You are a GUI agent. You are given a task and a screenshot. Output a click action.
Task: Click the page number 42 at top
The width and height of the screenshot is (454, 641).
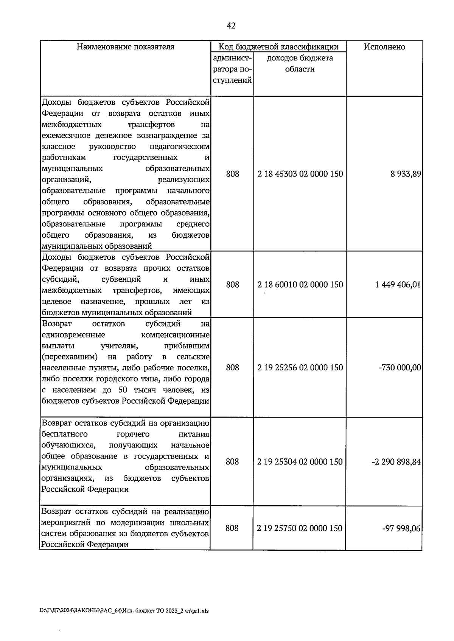coord(231,26)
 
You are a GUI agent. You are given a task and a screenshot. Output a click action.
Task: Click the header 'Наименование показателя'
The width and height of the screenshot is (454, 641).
coord(126,47)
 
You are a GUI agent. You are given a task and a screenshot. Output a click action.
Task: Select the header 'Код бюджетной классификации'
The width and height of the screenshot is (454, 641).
coord(278,47)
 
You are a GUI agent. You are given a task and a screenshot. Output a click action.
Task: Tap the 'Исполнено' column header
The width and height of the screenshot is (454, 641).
coord(384,47)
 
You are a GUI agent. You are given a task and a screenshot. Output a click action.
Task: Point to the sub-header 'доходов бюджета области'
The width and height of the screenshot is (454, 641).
coord(300,63)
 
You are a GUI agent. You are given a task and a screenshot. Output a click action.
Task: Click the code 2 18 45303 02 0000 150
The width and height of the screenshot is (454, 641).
coord(300,174)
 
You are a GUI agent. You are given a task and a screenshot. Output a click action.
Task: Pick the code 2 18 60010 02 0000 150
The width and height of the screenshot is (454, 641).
coord(300,284)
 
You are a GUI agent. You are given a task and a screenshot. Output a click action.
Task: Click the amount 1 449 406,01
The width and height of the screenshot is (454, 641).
coord(398,284)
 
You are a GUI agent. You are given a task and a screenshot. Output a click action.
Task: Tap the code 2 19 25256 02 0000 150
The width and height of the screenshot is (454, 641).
coord(300,367)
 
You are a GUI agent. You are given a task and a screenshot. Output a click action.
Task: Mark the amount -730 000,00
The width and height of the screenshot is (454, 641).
coord(400,367)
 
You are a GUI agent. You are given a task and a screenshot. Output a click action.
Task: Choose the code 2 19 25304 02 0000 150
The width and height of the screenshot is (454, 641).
coord(300,461)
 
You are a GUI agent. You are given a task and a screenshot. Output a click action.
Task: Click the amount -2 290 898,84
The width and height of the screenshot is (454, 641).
coord(396,461)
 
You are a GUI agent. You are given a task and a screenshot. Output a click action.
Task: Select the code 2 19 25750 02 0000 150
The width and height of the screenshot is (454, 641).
coord(300,528)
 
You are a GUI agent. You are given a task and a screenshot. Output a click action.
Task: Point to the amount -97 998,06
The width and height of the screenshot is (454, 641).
coord(401,528)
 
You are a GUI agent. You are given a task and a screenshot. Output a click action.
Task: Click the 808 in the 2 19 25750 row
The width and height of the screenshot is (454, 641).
coord(232,528)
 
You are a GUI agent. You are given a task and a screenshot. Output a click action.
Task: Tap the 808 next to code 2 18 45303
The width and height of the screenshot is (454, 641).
coord(232,174)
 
